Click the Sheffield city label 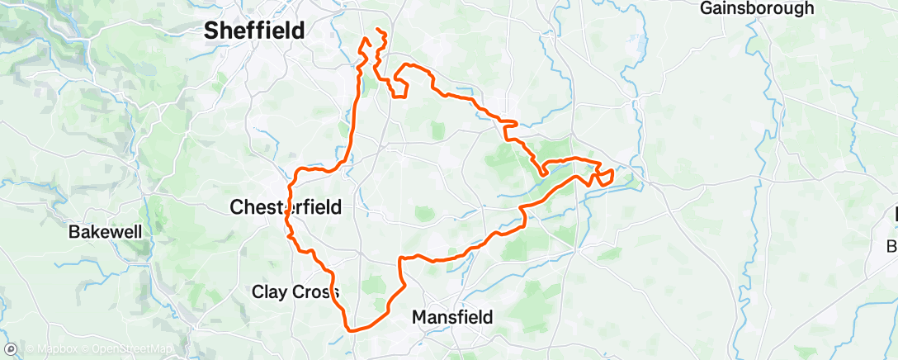254,31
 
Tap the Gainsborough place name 757,8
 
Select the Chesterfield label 286,206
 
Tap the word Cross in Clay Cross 314,291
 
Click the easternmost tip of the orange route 613,173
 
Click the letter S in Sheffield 211,31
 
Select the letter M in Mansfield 419,317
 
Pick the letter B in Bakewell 73,233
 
